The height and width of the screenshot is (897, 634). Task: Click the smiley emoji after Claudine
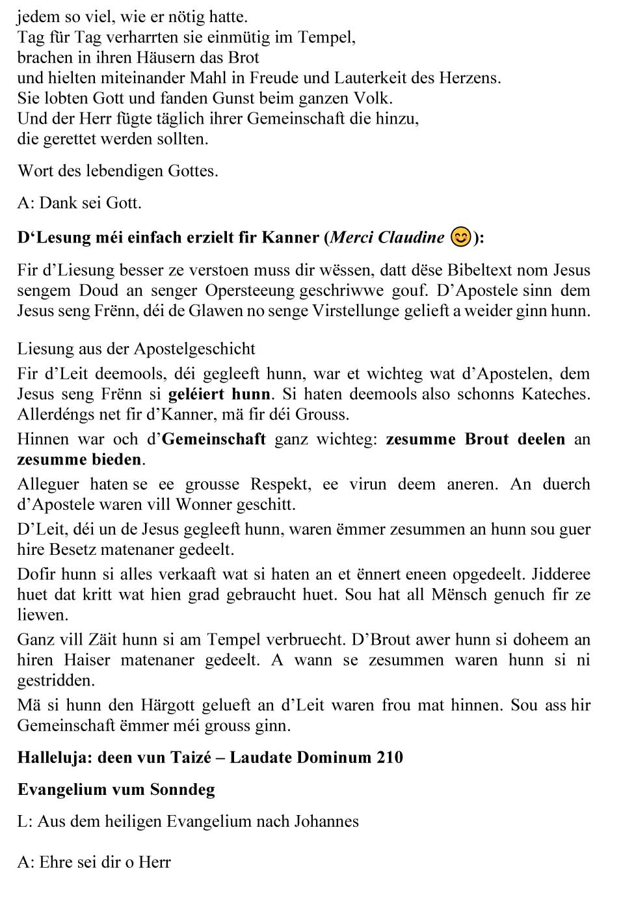[x=460, y=237]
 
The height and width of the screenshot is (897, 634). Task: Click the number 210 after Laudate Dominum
[x=390, y=758]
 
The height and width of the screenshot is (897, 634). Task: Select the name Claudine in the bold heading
[x=412, y=237]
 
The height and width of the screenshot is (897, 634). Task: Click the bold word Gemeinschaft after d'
[x=213, y=439]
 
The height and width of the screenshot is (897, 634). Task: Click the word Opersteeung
[x=248, y=291]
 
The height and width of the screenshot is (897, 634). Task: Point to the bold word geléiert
[x=196, y=394]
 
